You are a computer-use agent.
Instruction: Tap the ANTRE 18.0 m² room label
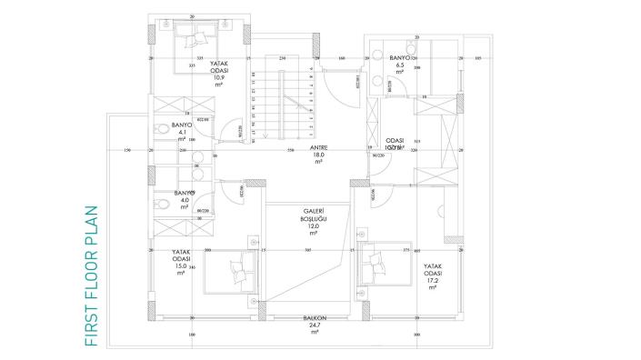coord(318,155)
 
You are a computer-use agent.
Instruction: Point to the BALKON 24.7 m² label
coord(315,324)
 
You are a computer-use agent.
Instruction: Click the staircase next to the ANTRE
coord(272,105)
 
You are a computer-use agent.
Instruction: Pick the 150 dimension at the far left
coord(127,150)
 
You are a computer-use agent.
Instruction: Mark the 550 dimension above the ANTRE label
coord(290,150)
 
